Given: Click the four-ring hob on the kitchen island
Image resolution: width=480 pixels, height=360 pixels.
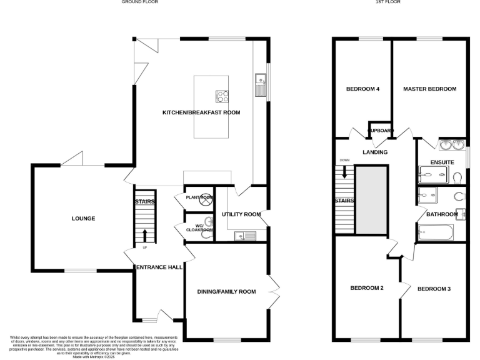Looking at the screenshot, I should click(222, 96).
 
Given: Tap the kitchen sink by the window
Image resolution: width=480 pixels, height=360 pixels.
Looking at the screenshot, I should click(261, 84).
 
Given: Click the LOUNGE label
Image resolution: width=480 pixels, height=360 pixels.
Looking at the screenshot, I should click(83, 219).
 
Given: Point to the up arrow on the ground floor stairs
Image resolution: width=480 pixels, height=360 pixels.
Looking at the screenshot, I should click(146, 235).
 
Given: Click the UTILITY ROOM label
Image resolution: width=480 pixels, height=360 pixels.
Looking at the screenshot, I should click(241, 214).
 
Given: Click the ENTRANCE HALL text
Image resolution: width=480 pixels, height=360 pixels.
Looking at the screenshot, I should click(159, 267).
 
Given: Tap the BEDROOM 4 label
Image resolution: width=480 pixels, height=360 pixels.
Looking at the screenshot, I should click(362, 89).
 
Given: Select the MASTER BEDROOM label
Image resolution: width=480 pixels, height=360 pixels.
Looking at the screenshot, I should click(429, 89).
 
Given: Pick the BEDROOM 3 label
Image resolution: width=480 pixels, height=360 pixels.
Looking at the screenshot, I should click(434, 289).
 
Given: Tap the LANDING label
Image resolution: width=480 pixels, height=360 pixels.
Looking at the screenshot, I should click(375, 152).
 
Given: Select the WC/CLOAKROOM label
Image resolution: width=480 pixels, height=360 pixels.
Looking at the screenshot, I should click(199, 227).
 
